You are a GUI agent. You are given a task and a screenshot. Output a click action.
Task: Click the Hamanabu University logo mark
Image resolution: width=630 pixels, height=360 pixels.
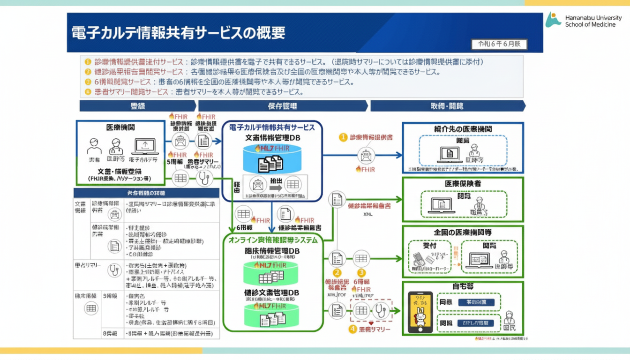click(x=553, y=19)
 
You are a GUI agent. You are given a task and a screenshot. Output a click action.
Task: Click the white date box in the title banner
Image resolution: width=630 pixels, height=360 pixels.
click(x=499, y=45)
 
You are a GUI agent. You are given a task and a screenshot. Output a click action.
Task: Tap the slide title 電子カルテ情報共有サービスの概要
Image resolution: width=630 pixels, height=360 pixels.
click(x=178, y=33)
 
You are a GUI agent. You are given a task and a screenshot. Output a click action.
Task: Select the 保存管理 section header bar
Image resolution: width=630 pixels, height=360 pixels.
click(x=283, y=106)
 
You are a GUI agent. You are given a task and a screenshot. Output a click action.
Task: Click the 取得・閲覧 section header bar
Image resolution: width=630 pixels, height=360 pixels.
click(x=447, y=106)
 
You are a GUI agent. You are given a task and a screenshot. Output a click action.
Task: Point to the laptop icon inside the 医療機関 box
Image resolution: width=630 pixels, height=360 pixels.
click(x=145, y=147)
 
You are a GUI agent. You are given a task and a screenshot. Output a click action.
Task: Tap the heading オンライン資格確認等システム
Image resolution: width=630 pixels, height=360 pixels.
click(x=273, y=240)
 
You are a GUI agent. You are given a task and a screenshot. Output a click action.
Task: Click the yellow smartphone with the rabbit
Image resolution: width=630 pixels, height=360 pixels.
click(x=420, y=312)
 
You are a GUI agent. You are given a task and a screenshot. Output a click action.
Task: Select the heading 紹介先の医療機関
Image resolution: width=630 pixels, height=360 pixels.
click(x=463, y=128)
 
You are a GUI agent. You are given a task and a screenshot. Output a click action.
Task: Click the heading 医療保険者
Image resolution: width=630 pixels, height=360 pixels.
click(x=463, y=184)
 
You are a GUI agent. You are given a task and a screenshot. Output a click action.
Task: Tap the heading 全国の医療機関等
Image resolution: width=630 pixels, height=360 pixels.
click(x=463, y=232)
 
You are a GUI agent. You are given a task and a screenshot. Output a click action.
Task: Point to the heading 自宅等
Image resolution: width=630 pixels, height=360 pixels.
click(x=463, y=285)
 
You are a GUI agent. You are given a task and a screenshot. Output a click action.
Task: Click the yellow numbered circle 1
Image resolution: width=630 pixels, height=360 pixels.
click(x=343, y=137)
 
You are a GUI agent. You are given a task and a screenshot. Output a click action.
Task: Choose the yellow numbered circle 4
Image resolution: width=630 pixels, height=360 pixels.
click(x=353, y=330)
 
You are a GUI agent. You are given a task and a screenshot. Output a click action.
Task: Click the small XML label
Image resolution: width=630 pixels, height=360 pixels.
click(x=368, y=214)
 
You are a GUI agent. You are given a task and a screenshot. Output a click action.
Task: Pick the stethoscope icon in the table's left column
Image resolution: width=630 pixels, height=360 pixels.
click(x=114, y=270)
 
